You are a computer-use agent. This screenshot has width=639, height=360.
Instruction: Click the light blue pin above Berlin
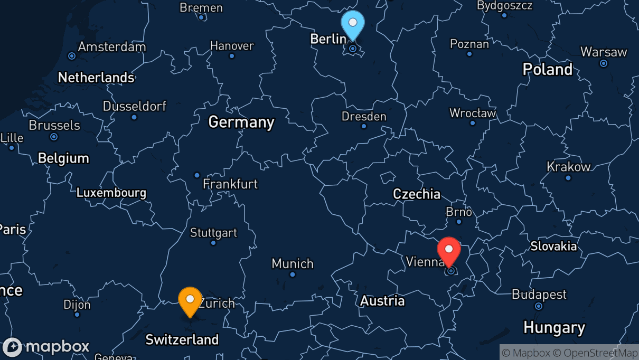[353, 24]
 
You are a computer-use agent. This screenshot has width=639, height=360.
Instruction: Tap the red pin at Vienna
[449, 250]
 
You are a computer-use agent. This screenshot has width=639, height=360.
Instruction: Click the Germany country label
[241, 122]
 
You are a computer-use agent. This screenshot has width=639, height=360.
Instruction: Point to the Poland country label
[547, 69]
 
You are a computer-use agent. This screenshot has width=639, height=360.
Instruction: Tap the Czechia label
[417, 194]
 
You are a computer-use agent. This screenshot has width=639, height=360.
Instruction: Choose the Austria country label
[382, 301]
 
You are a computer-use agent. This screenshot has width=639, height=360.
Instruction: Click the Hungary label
[554, 328]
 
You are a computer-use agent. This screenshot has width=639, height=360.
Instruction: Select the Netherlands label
[96, 78]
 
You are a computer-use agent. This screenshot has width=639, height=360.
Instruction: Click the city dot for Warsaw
[604, 63]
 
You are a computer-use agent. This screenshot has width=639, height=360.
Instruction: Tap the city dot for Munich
[292, 274]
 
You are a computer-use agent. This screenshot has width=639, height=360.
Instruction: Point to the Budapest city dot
[538, 306]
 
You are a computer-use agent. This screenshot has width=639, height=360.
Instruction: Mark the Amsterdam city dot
[72, 55]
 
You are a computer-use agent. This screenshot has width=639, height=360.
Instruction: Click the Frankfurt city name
[230, 184]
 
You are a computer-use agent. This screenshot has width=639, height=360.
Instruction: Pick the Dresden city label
[364, 116]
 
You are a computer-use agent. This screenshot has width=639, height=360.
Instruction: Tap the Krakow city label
[568, 167]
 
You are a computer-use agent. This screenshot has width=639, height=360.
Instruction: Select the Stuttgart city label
[213, 233]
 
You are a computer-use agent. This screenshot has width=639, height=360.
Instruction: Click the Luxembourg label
[111, 193]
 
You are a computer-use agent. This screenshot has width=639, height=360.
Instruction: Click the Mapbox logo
[46, 347]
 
